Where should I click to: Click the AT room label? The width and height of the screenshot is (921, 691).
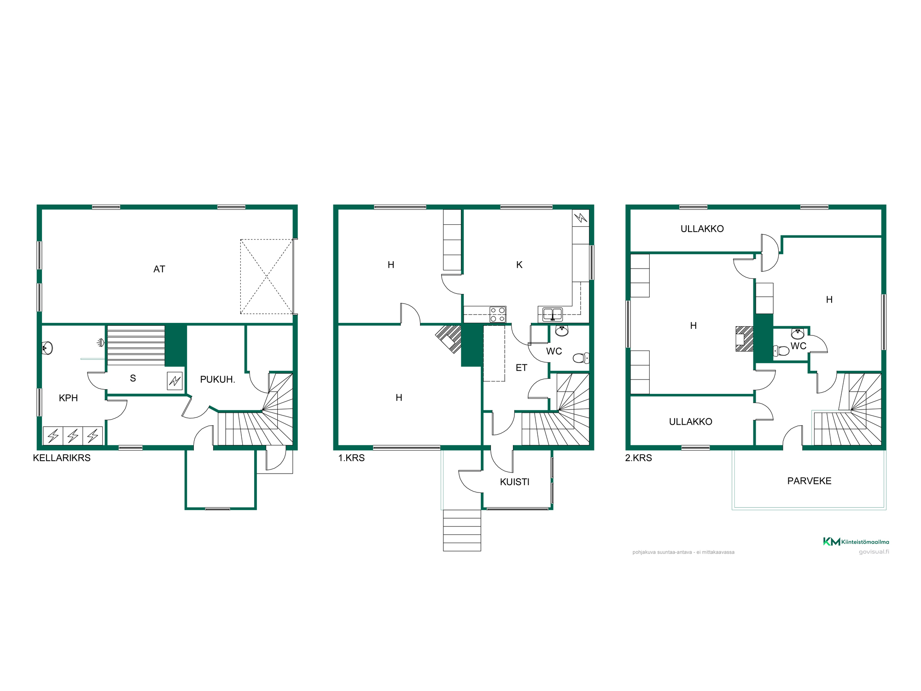coord(159,269)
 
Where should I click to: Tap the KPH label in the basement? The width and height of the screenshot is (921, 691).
coord(68,398)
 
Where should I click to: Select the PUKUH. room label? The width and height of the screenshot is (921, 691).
coord(217,380)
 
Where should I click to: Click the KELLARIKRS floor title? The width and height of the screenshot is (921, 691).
coord(62,458)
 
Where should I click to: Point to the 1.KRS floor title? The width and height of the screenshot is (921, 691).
coord(351,458)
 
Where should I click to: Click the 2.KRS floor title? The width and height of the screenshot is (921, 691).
coord(638,458)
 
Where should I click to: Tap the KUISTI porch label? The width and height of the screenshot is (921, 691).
coord(514,482)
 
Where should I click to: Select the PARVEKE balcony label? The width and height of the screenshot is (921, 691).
coord(809,481)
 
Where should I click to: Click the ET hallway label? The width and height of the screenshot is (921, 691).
coord(521,368)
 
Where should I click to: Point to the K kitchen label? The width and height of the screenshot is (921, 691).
coord(519,265)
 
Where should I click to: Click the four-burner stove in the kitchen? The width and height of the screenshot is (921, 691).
coord(498,315)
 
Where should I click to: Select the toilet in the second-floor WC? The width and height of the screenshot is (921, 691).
coord(781,351)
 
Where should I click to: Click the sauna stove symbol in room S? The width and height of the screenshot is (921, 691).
coord(175,381)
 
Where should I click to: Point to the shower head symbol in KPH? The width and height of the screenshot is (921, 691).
coord(100,343)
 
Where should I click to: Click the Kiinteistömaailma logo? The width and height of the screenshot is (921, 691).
coord(856,542)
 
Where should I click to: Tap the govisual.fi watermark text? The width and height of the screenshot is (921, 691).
coord(874,552)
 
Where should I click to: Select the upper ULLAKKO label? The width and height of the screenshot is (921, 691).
coord(702,229)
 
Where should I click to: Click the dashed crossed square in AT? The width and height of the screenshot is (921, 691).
coord(266,276)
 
